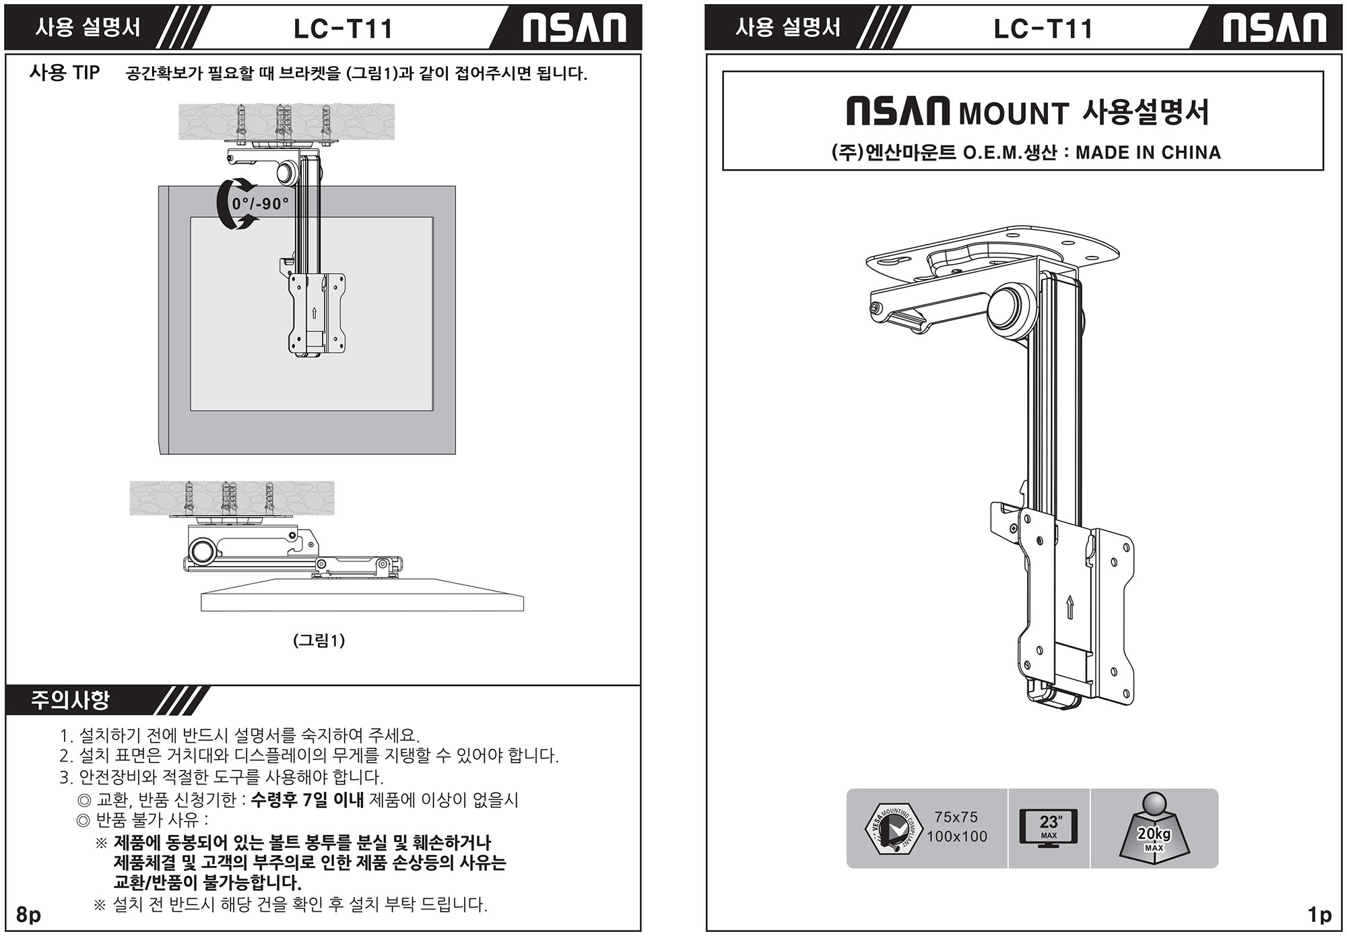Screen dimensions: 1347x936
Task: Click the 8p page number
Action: coord(28,915)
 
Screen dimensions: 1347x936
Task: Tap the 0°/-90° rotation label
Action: coord(260,204)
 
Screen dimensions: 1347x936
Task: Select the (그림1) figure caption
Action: coord(319,640)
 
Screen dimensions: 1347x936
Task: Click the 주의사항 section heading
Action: coord(70,701)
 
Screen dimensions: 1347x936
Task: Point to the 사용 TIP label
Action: coord(65,73)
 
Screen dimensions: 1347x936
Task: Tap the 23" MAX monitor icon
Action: coord(1049,828)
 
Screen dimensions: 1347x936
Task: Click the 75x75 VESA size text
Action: coord(956,817)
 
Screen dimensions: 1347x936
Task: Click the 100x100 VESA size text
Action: coord(956,837)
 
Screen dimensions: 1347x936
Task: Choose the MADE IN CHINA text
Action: coord(1148,153)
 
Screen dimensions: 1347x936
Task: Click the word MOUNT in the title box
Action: coord(1014,113)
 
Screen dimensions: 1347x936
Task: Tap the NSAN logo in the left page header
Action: coord(574,28)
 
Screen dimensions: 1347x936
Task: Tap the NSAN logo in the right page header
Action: coord(1274,28)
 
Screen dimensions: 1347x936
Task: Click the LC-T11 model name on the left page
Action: coord(343,29)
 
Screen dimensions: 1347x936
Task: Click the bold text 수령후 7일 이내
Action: coord(307,800)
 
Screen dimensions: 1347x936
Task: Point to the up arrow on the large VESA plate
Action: coord(1070,607)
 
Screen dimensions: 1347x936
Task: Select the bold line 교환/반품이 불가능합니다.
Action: coord(207,883)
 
